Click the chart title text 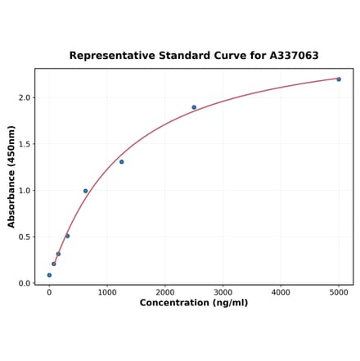coord(194,56)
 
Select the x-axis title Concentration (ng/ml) coord(194,303)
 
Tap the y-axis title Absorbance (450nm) coord(11,176)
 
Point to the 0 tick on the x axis coord(49,291)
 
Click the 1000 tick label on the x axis coord(107,291)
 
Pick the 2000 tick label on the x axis coord(165,291)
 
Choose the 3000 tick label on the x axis coord(223,291)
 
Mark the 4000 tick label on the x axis coord(281,291)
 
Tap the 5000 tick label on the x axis coord(339,291)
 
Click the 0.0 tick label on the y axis coord(24,283)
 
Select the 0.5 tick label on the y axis coord(24,237)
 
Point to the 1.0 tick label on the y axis coord(24,191)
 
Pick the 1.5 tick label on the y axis coord(24,144)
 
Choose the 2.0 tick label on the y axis coord(24,97)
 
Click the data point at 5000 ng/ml coord(339,79)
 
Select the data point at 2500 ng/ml coord(194,107)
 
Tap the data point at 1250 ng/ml coord(121,161)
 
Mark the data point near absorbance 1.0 coord(85,191)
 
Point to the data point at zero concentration coord(49,275)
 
